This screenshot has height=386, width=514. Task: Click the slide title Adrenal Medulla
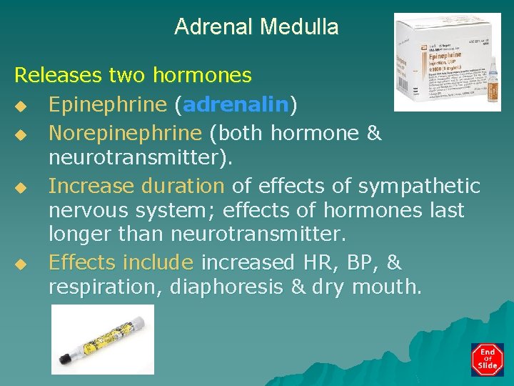tap(256, 27)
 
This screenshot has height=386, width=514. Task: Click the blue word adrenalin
tap(236, 105)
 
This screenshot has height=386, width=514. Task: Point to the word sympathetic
tap(419, 187)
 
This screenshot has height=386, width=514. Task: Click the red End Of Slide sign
tap(488, 359)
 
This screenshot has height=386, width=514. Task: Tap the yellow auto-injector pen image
tap(102, 338)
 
